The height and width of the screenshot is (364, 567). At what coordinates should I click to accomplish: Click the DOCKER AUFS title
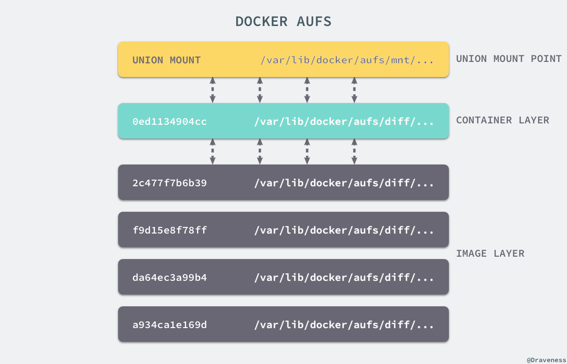pyautogui.click(x=283, y=22)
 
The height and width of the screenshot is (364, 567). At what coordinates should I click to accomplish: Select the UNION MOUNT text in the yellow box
pyautogui.click(x=166, y=60)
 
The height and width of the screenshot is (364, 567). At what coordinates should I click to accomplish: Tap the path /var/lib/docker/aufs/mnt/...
pyautogui.click(x=347, y=60)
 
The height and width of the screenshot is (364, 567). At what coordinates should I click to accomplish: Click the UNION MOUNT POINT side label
pyautogui.click(x=508, y=59)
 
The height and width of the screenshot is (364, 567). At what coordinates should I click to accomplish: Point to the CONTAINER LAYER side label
pyautogui.click(x=502, y=120)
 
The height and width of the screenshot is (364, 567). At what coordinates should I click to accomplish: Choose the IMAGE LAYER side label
pyautogui.click(x=490, y=253)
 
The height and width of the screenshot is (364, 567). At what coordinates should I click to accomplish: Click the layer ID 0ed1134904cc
pyautogui.click(x=170, y=121)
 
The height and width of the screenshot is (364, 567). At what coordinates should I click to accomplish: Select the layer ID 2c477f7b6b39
pyautogui.click(x=170, y=183)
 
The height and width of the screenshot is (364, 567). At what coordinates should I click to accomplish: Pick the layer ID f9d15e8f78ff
pyautogui.click(x=170, y=230)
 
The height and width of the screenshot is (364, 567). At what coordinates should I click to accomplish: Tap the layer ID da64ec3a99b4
pyautogui.click(x=170, y=277)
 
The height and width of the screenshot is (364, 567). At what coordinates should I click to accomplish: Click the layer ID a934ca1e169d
pyautogui.click(x=170, y=325)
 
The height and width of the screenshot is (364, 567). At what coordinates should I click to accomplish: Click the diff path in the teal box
pyautogui.click(x=344, y=121)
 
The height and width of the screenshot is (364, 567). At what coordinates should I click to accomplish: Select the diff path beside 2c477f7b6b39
pyautogui.click(x=344, y=183)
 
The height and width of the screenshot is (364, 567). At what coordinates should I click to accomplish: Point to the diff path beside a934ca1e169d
pyautogui.click(x=344, y=325)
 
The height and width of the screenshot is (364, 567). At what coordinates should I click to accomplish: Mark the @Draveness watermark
pyautogui.click(x=546, y=360)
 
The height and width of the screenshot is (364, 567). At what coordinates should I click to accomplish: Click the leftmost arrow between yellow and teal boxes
pyautogui.click(x=213, y=90)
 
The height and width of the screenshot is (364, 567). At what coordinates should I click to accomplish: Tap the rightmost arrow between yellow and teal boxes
pyautogui.click(x=354, y=90)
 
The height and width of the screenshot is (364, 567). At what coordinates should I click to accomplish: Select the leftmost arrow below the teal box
pyautogui.click(x=213, y=151)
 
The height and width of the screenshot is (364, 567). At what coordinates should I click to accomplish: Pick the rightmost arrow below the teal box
pyautogui.click(x=354, y=151)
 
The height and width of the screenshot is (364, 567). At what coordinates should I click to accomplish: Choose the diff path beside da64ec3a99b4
pyautogui.click(x=344, y=277)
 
